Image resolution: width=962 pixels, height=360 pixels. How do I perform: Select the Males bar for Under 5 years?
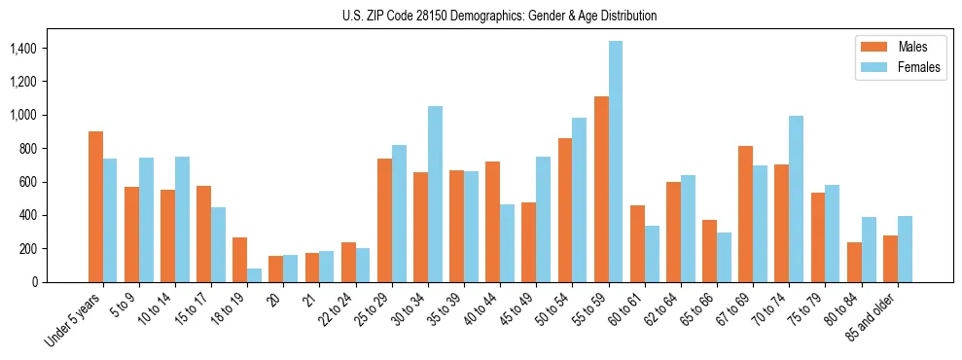[x=95, y=206]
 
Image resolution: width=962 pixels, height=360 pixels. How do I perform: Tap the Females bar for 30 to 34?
[x=435, y=194]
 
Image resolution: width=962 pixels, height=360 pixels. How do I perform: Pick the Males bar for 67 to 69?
[x=745, y=214]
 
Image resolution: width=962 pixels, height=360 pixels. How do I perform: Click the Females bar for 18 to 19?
[x=254, y=275]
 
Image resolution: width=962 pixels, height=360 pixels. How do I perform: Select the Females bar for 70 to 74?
[x=796, y=198]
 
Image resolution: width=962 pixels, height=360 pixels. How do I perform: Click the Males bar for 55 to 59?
[x=601, y=189]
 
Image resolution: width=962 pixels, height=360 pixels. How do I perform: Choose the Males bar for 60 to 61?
[x=637, y=243]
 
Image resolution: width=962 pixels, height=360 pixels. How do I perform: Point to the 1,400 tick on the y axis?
[x=38, y=49]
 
